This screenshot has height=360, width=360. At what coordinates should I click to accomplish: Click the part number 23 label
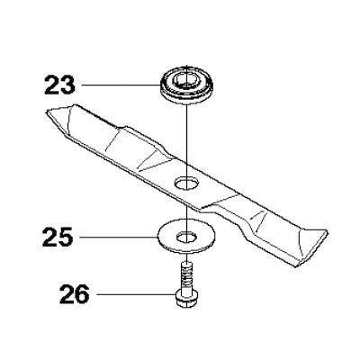pyautogui.click(x=59, y=85)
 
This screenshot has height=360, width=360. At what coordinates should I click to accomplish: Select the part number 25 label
pyautogui.click(x=58, y=237)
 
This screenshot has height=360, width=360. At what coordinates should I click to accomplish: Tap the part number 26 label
pyautogui.click(x=75, y=294)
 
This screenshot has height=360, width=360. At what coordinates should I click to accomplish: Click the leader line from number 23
pyautogui.click(x=120, y=85)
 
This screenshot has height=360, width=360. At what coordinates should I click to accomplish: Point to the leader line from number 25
pyautogui.click(x=119, y=237)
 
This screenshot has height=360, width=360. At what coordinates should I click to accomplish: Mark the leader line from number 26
pyautogui.click(x=136, y=294)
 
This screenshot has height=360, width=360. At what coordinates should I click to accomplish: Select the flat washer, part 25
pyautogui.click(x=186, y=238)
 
